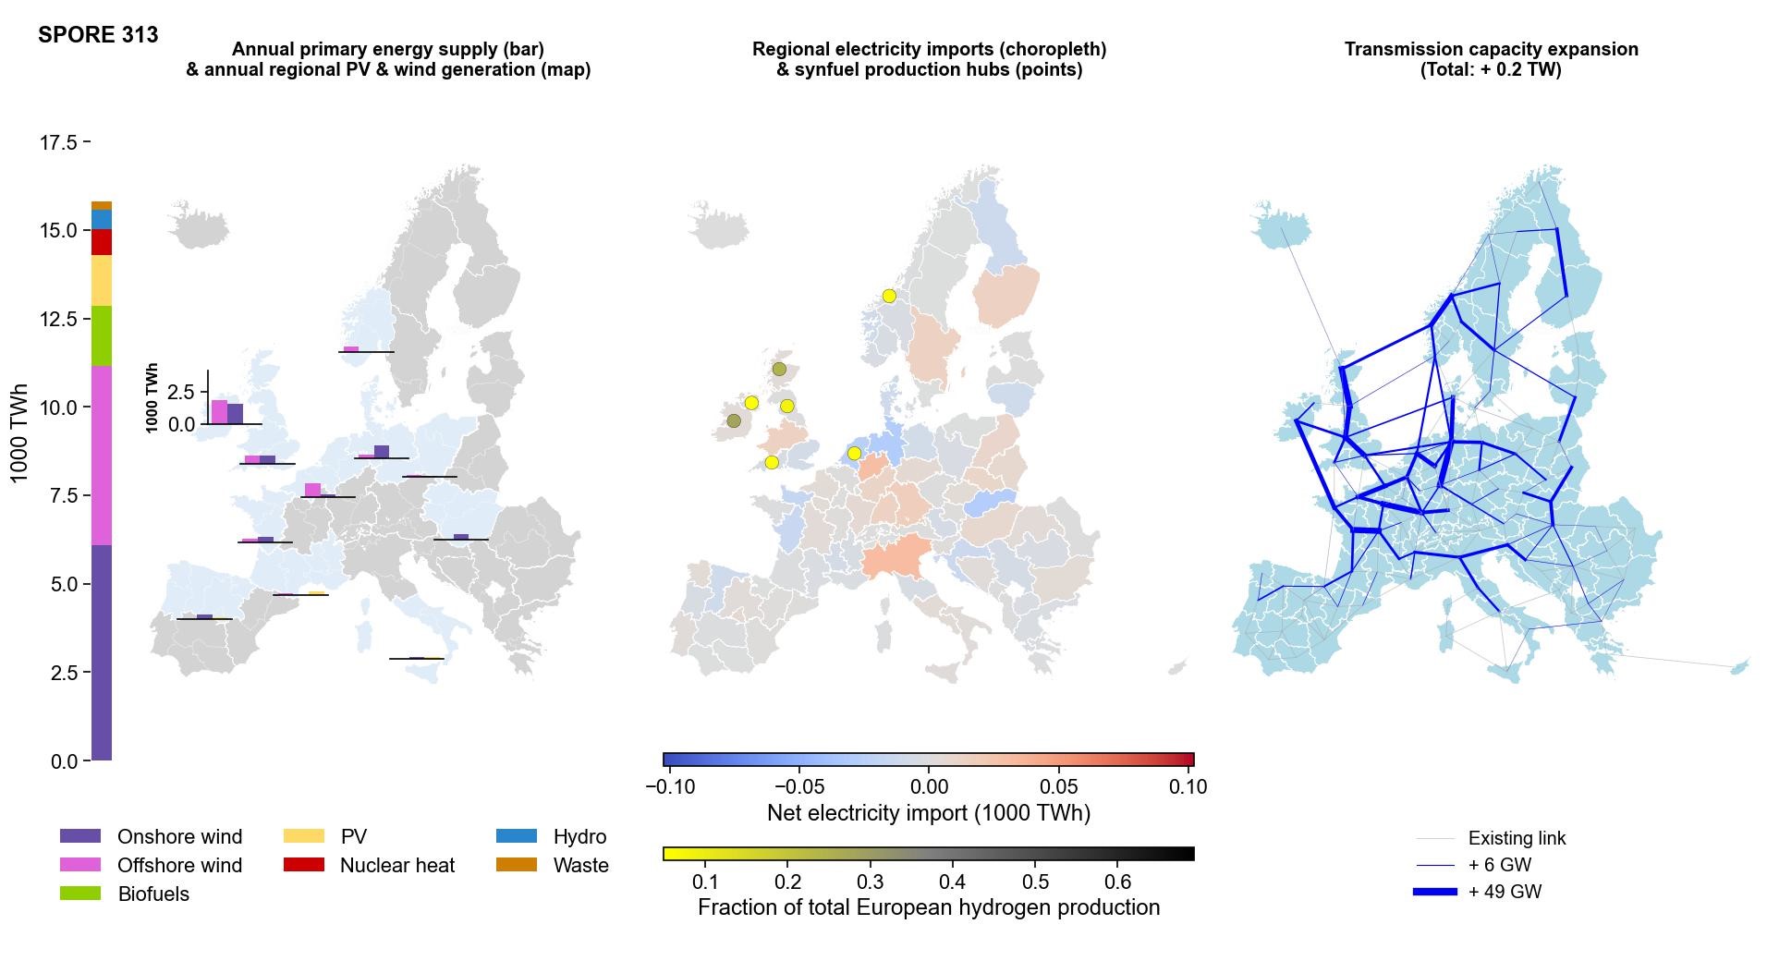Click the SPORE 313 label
[98, 35]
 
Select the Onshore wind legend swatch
[80, 836]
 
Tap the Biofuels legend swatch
[80, 894]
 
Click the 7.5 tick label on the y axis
[58, 496]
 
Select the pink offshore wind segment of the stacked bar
[102, 455]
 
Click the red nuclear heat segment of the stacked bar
[102, 242]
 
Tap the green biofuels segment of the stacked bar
[102, 335]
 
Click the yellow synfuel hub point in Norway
[889, 296]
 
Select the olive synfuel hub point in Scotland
[779, 369]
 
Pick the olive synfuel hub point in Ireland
[734, 420]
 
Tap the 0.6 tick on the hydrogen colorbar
[1117, 882]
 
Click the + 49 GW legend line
[1435, 892]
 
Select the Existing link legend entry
[1516, 838]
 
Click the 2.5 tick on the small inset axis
[182, 392]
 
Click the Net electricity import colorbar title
[928, 813]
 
